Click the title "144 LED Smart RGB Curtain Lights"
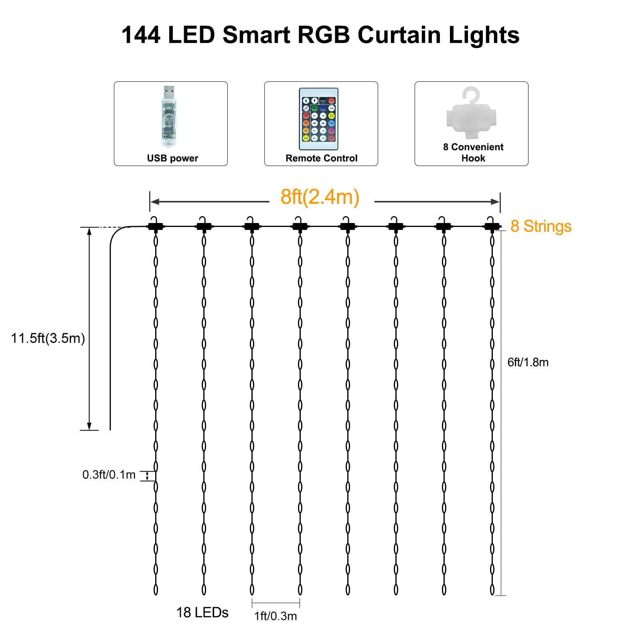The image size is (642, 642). coord(320,35)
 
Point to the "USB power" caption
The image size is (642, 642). coord(172,158)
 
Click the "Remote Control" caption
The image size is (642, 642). coord(321,158)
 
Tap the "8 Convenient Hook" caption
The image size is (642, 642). coord(473,152)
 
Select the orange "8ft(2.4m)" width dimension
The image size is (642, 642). coord(320,197)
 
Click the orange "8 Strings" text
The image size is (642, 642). coord(541,227)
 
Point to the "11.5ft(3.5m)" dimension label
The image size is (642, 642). coord(48,338)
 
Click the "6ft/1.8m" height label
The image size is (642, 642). coord(528,363)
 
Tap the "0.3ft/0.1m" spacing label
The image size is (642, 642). coord(109,475)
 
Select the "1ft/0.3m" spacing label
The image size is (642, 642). coord(275,616)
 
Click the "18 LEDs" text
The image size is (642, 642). coord(202,612)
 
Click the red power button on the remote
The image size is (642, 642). coord(332,101)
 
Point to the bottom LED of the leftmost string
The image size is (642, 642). coord(156,589)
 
